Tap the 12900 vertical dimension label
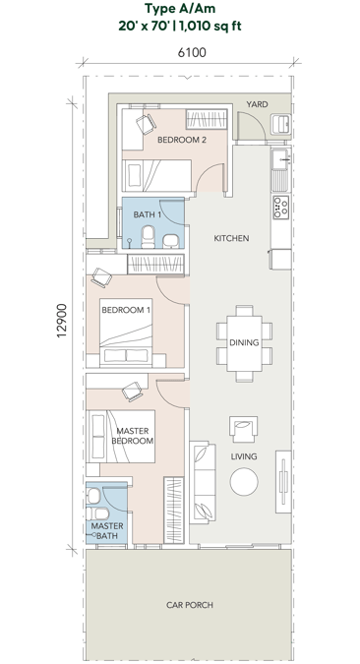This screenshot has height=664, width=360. [61, 322]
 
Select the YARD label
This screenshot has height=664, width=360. [257, 103]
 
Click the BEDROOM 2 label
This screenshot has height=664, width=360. [183, 140]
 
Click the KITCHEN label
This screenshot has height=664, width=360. [231, 238]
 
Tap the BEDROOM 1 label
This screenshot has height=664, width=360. [127, 311]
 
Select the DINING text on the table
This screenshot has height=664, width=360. [242, 342]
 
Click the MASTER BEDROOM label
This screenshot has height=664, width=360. [135, 437]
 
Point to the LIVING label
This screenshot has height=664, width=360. [243, 457]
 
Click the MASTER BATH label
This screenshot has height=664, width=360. [107, 530]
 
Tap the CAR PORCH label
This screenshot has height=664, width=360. [189, 605]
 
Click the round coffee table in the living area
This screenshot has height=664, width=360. [243, 481]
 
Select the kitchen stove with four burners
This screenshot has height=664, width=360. [280, 208]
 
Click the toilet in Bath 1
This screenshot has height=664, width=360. [148, 235]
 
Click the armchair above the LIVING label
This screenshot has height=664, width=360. [243, 428]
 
